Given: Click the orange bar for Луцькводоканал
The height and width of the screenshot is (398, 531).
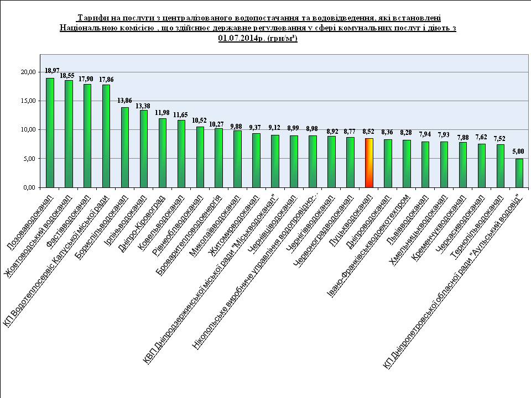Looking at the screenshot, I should click(369, 163).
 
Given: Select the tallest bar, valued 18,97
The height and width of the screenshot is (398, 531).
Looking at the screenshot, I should click(50, 133).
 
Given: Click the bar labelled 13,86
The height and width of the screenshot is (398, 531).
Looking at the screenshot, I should click(125, 147).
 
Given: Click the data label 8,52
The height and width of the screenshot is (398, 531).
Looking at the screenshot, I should click(368, 132).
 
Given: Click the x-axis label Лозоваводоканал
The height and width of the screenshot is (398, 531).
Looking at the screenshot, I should click(30, 220).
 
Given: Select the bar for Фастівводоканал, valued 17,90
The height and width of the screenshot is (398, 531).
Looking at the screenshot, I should click(87, 135).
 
